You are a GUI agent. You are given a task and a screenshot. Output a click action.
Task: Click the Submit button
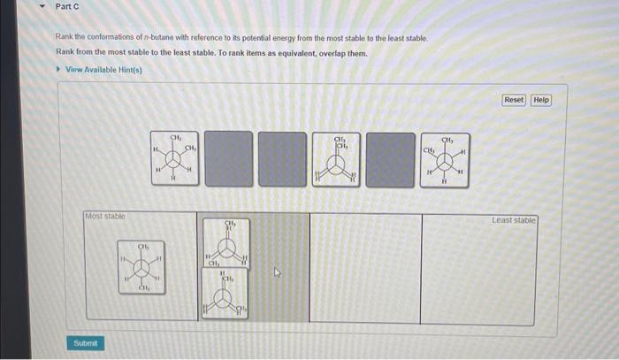click(x=87, y=342)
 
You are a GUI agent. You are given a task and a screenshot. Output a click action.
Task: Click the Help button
click(x=541, y=100)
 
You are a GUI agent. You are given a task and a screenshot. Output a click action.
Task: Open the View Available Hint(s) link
click(x=103, y=70)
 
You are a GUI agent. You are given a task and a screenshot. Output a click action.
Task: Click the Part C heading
click(x=68, y=7)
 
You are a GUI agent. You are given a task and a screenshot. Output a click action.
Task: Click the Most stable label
click(x=105, y=216)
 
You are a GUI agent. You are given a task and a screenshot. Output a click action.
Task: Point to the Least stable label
click(x=514, y=219)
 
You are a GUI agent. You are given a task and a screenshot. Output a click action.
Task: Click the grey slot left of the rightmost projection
click(x=390, y=159)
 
